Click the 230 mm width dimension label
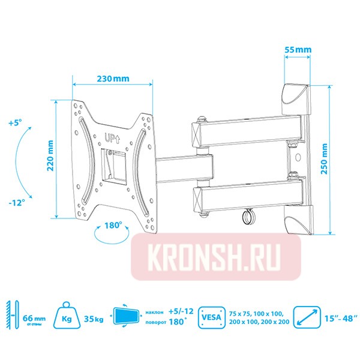[112, 79]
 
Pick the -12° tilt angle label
[16, 203]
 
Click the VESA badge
[212, 316]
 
